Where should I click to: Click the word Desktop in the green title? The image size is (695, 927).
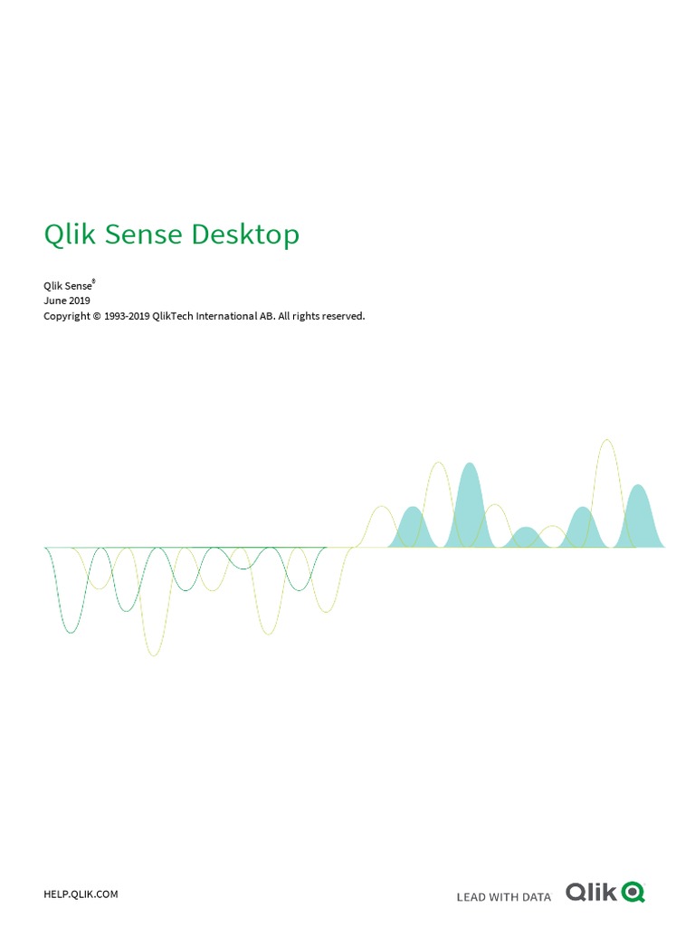(245, 235)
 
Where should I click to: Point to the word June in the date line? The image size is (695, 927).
(54, 301)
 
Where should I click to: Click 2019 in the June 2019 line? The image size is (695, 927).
(80, 301)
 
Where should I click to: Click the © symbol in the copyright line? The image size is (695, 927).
(97, 316)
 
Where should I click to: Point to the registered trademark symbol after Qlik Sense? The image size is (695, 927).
(94, 282)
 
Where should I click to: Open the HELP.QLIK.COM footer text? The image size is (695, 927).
(81, 869)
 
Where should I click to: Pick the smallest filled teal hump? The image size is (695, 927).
(525, 540)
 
